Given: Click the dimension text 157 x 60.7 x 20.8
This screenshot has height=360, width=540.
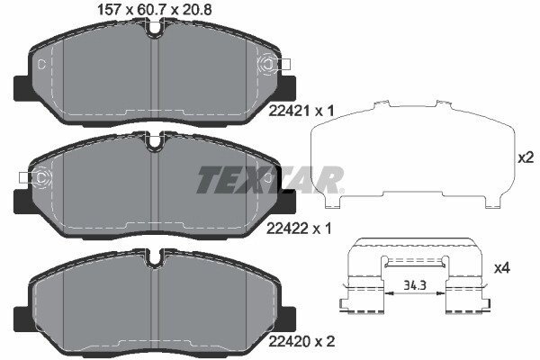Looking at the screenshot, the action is tap(155, 9).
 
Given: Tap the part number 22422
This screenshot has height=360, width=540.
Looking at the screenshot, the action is tap(288, 228).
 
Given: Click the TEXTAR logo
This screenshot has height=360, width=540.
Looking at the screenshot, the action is tap(270, 180).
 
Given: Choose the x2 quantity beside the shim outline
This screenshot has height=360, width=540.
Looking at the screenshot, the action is tap(526, 157).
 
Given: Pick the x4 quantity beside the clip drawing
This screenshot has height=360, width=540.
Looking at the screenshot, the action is tap(502, 268).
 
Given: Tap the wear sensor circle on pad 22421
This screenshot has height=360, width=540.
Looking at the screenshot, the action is tap(268, 65).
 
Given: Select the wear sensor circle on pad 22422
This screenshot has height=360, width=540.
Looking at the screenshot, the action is tap(41, 178).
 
